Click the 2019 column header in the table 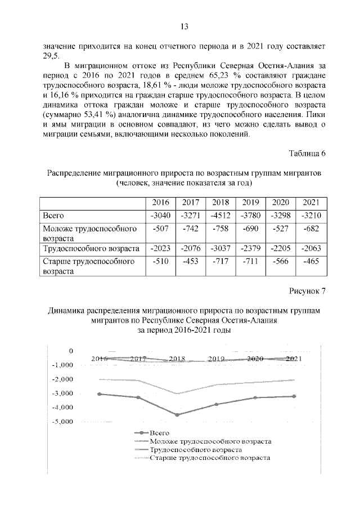click(250, 202)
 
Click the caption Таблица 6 click(307, 154)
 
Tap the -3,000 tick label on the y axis click(63, 393)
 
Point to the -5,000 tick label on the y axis click(63, 422)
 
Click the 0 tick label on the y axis click(71, 351)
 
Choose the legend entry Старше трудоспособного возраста click(210, 458)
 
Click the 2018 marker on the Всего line click(177, 415)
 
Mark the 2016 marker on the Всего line click(100, 394)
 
